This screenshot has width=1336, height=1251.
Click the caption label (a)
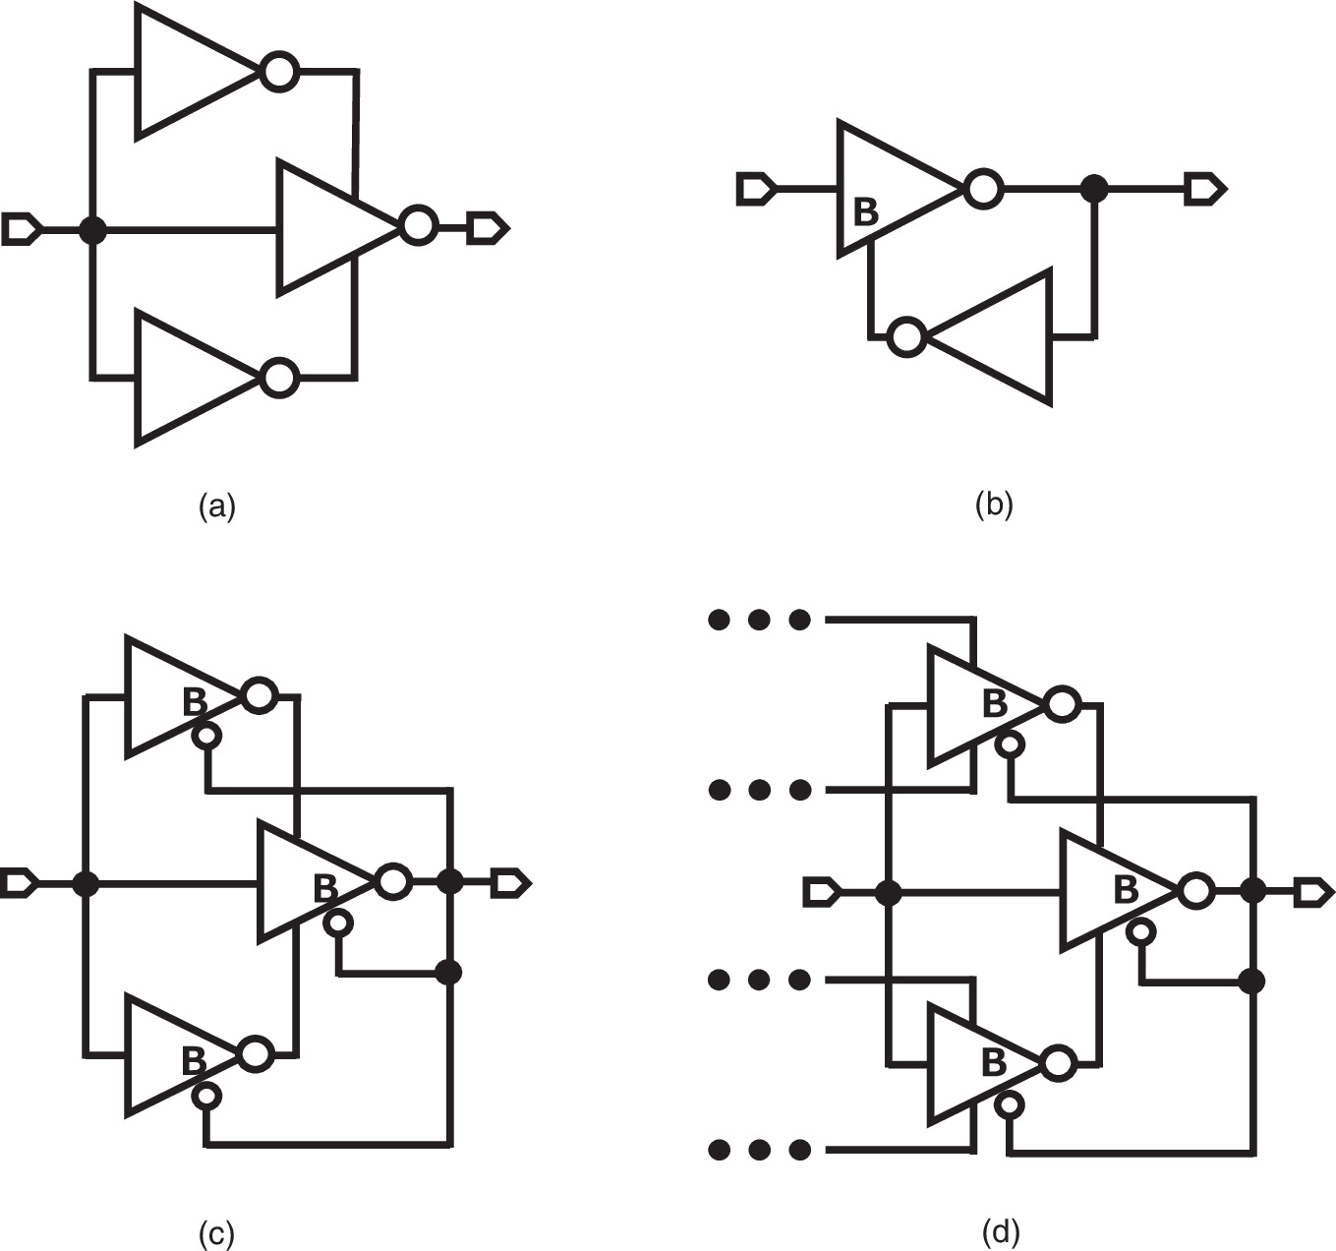tap(216, 506)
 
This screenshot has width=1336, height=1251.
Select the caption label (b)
tap(993, 505)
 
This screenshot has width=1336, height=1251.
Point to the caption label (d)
tap(1001, 1230)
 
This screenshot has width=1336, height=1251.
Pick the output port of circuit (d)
tap(1314, 892)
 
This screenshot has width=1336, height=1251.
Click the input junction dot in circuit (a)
tap(92, 230)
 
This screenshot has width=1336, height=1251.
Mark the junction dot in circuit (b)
tap(1093, 188)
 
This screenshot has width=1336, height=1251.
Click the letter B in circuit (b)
tap(865, 211)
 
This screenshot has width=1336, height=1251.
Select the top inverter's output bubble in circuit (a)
tap(279, 72)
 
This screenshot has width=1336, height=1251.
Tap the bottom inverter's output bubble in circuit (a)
tap(279, 378)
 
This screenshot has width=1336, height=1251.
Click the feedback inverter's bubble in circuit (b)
tap(905, 337)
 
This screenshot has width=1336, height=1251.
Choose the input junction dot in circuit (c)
tap(87, 883)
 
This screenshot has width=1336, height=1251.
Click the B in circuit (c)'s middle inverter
tap(325, 888)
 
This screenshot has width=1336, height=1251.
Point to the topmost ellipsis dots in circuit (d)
tap(759, 620)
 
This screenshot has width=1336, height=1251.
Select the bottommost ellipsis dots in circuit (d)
tap(759, 1149)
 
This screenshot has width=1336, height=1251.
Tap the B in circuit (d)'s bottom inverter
tap(994, 1062)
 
